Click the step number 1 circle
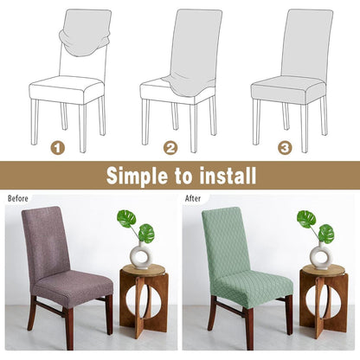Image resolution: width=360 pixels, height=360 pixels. click(58, 148)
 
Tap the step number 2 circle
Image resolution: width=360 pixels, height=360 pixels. click(170, 148)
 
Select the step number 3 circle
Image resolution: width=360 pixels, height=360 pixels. click(285, 148)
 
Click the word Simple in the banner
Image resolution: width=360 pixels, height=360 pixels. click(137, 176)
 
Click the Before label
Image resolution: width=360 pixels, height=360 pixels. click(18, 198)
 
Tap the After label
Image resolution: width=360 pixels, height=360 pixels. click(193, 198)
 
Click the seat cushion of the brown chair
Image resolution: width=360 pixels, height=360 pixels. click(72, 285)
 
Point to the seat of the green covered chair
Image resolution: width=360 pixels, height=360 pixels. click(253, 286)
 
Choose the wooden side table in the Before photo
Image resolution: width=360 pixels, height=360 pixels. click(144, 300)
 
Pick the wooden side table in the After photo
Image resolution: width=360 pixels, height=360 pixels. click(324, 300)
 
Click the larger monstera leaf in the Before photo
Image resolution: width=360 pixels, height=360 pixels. click(126, 218)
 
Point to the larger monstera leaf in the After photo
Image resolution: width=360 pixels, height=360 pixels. click(306, 218)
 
